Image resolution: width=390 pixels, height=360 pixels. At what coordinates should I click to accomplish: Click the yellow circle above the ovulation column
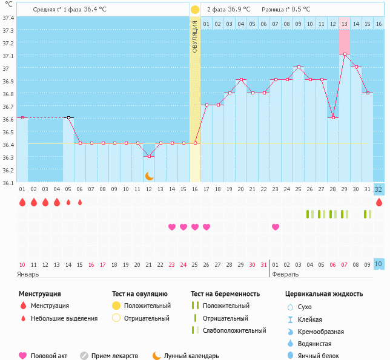tap(195, 10)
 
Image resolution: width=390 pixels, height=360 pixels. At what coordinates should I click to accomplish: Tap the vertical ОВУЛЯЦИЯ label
tap(195, 37)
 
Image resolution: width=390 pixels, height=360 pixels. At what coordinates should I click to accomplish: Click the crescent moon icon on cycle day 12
tap(149, 175)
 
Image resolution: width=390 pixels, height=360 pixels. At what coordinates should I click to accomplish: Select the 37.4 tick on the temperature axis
tap(8, 18)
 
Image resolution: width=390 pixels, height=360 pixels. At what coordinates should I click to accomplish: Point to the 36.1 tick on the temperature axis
tap(8, 182)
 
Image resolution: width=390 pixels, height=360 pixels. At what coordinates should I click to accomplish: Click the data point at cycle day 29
tap(345, 54)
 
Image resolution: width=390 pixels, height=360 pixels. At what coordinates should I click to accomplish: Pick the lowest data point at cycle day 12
tap(149, 156)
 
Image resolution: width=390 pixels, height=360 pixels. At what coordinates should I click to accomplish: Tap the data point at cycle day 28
tap(333, 117)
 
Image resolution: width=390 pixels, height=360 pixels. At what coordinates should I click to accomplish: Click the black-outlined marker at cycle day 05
tap(68, 117)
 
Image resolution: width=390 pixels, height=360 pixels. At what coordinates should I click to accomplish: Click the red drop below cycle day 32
tap(378, 202)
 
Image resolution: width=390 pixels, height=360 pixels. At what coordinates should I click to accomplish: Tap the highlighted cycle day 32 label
tap(378, 189)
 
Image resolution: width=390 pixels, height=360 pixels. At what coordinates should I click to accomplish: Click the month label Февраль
tap(285, 274)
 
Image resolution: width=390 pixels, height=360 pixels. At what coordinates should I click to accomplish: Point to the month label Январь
tap(28, 274)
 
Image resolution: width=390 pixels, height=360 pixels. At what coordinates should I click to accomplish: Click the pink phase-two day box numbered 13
tap(344, 24)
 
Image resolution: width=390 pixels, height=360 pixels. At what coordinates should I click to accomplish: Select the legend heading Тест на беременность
tap(229, 293)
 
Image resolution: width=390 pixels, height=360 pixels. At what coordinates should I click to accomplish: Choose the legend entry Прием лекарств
tap(114, 356)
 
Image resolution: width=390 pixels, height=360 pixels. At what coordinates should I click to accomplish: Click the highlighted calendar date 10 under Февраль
tap(378, 264)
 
